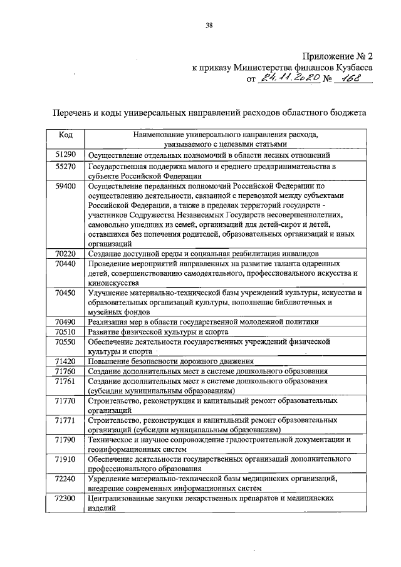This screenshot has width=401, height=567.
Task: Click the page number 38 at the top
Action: (x=209, y=26)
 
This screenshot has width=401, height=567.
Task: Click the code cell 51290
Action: (x=66, y=154)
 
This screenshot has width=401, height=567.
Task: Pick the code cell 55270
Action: (x=66, y=167)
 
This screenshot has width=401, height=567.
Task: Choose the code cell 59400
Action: (x=66, y=186)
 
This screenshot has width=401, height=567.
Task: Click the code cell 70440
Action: (x=66, y=264)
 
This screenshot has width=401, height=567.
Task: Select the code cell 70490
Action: (x=66, y=321)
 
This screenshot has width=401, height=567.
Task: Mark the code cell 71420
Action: (x=66, y=362)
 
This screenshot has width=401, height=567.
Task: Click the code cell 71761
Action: (x=66, y=380)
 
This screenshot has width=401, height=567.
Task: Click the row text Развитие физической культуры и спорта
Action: (x=157, y=331)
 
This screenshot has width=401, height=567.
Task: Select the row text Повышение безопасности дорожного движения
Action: (x=170, y=362)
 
